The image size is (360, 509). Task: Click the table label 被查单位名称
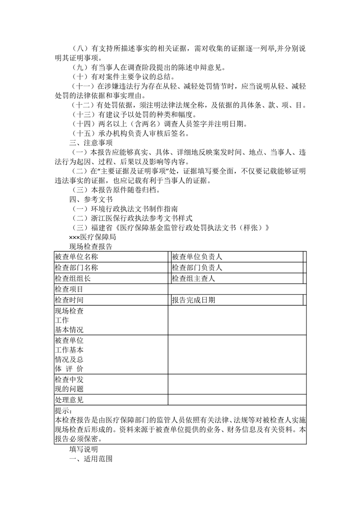(76, 257)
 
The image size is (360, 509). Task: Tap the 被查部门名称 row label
(76, 268)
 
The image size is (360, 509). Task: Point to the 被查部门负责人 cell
(197, 268)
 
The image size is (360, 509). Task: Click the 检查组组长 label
(73, 279)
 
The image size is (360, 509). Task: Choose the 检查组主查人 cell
(193, 279)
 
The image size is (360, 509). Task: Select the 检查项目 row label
(69, 289)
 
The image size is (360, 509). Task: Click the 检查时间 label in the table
(69, 300)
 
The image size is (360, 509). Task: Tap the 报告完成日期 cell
(193, 300)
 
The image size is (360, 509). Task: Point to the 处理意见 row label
(69, 400)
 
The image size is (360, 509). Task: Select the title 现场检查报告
(91, 247)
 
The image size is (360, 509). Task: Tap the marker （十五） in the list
(82, 133)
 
